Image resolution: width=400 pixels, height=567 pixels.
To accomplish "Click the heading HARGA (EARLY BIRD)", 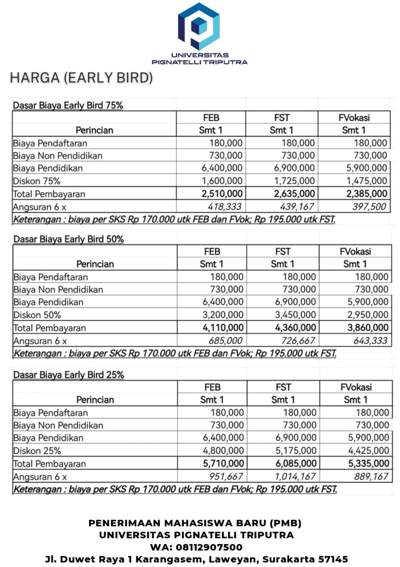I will pyautogui.click(x=81, y=78).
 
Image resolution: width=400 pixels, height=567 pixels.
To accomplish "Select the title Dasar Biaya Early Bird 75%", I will pyautogui.click(x=68, y=105).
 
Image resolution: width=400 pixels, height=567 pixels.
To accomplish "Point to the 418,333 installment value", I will pyautogui.click(x=225, y=207).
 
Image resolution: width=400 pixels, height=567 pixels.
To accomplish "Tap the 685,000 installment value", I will pyautogui.click(x=226, y=341).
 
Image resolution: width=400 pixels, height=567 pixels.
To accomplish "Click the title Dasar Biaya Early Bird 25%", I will pyautogui.click(x=68, y=375).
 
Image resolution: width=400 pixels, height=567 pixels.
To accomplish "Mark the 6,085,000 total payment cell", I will pyautogui.click(x=294, y=463).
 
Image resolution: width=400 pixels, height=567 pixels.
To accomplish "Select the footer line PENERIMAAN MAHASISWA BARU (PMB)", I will pyautogui.click(x=195, y=523).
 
